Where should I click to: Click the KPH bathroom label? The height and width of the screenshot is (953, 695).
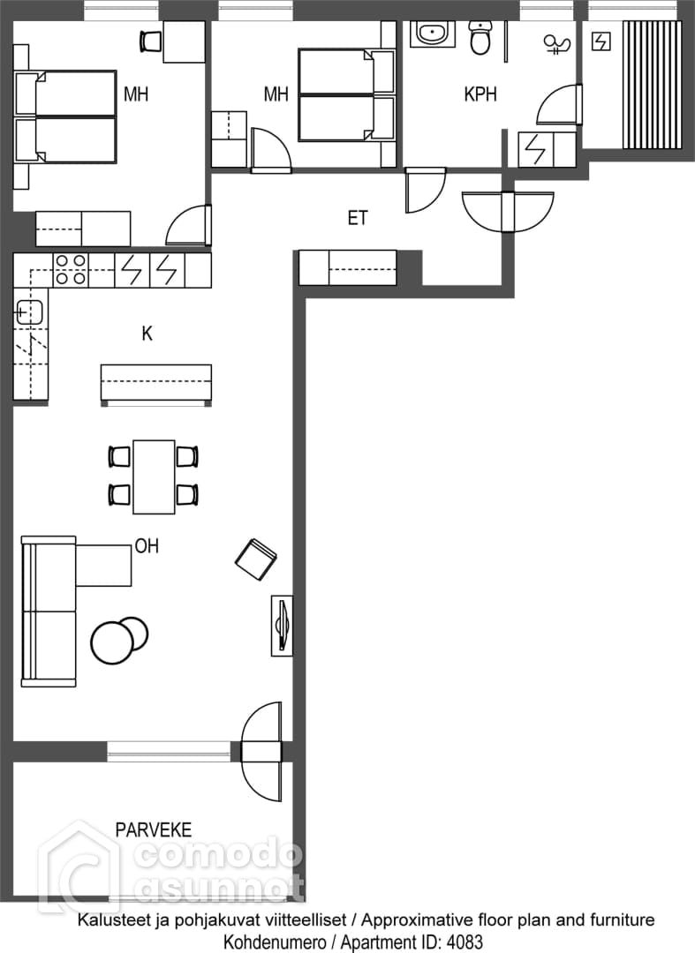click(x=480, y=94)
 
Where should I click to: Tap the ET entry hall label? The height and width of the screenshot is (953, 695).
click(x=358, y=218)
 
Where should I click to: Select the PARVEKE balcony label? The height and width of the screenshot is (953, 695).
click(x=154, y=829)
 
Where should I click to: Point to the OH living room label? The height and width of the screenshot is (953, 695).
click(x=147, y=546)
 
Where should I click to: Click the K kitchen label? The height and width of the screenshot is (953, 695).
click(x=147, y=333)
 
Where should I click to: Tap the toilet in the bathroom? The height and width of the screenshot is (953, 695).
click(x=480, y=38)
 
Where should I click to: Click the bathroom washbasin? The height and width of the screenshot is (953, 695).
click(x=433, y=34)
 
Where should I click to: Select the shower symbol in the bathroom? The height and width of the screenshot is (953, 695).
click(x=556, y=45)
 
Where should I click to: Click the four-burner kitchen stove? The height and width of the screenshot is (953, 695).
click(x=71, y=270)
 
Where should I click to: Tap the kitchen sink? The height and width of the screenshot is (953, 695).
click(x=28, y=313)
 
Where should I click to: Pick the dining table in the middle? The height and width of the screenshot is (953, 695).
click(x=154, y=476)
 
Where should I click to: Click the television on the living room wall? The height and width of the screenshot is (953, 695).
click(x=282, y=626)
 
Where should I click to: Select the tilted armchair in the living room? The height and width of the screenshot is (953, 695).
click(x=255, y=559)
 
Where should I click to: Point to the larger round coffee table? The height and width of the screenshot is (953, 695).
click(x=111, y=642)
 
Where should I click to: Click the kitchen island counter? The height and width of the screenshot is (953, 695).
click(x=156, y=384)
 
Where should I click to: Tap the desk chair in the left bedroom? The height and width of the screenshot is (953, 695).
click(x=149, y=41)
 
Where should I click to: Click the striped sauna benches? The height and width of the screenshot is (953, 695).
click(x=652, y=85)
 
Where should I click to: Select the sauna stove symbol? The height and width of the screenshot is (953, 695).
click(x=601, y=42)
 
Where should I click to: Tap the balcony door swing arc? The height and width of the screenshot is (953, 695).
click(x=261, y=741)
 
